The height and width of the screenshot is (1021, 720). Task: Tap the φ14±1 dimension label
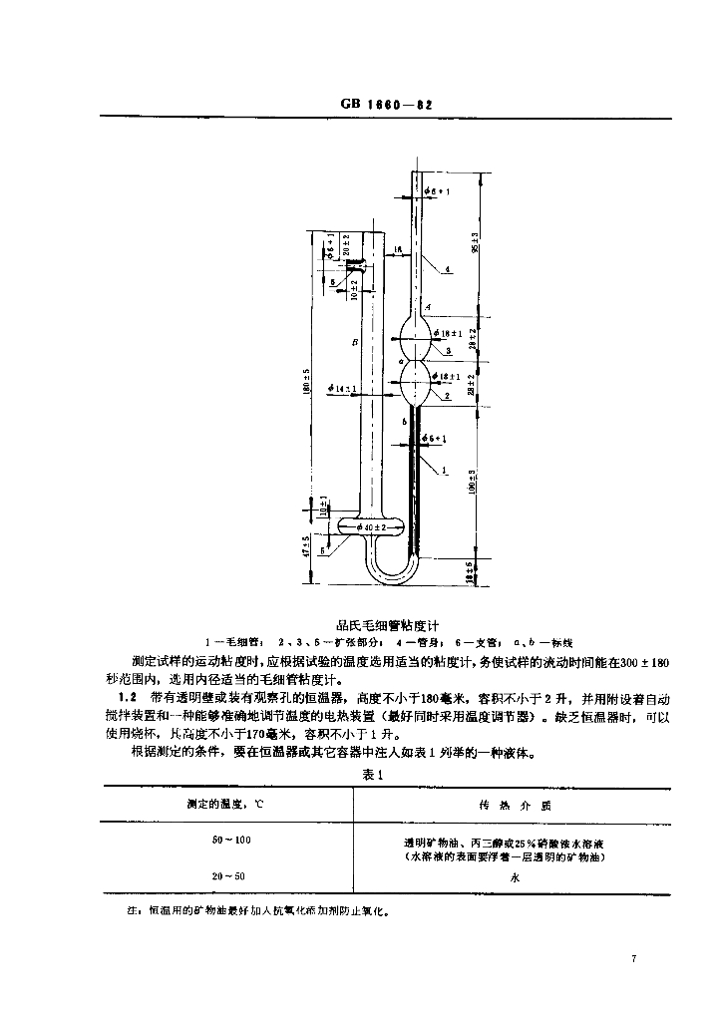point(342,388)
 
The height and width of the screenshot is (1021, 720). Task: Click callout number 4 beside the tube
point(449,269)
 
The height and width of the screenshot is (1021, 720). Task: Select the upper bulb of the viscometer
point(418,331)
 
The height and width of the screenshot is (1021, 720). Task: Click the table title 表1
point(366,776)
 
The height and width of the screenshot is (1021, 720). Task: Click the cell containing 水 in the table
point(516,877)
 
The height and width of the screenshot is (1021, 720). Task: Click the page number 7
point(633,959)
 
